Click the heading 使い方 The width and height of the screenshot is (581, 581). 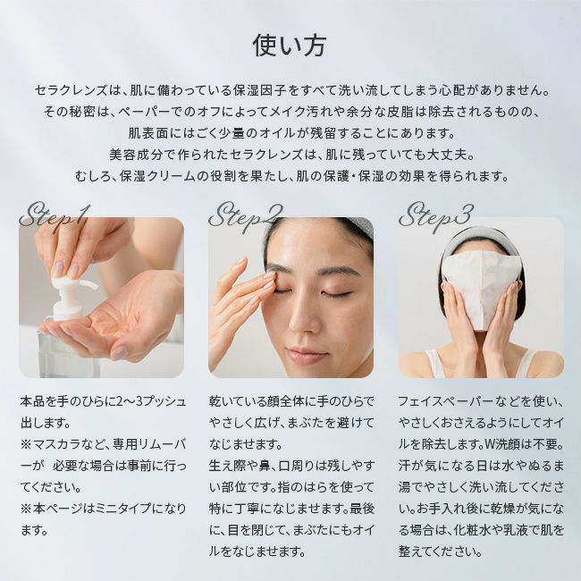point(290,46)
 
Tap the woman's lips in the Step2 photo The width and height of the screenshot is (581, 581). point(307,355)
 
